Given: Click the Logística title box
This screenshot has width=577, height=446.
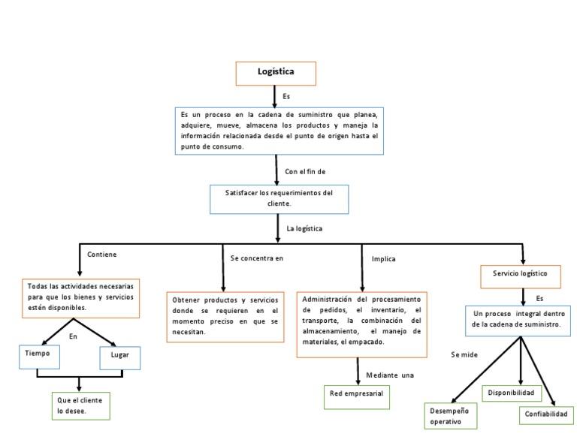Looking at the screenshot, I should pyautogui.click(x=276, y=73).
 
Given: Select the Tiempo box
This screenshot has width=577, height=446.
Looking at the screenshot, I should pyautogui.click(x=39, y=357).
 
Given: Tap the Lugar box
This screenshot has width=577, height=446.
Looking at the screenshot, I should pyautogui.click(x=120, y=358).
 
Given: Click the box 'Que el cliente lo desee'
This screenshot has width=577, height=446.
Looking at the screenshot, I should pyautogui.click(x=80, y=405).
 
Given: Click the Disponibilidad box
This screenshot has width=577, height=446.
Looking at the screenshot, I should pyautogui.click(x=511, y=393).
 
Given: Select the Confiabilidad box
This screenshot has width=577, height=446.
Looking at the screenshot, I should pyautogui.click(x=546, y=414).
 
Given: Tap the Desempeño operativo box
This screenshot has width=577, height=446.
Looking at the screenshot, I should pyautogui.click(x=452, y=416).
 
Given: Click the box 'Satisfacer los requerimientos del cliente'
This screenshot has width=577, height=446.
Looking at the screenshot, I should pyautogui.click(x=279, y=198).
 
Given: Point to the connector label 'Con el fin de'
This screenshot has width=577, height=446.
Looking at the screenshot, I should pyautogui.click(x=305, y=171).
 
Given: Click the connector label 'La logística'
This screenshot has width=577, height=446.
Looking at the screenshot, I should pyautogui.click(x=304, y=228).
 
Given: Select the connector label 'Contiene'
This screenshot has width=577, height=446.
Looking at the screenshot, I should pyautogui.click(x=102, y=255).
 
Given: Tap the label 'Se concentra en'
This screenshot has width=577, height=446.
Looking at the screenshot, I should pyautogui.click(x=257, y=258).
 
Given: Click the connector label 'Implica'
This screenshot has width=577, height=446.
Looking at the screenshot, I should pyautogui.click(x=383, y=259).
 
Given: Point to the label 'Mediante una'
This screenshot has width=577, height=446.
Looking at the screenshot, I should pyautogui.click(x=390, y=375).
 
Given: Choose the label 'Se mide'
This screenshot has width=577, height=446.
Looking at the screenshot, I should pyautogui.click(x=464, y=354).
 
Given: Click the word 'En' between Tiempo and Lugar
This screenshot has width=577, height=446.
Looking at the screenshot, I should pyautogui.click(x=73, y=336).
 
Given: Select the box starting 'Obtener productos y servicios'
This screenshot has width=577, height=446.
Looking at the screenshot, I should pyautogui.click(x=225, y=316).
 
